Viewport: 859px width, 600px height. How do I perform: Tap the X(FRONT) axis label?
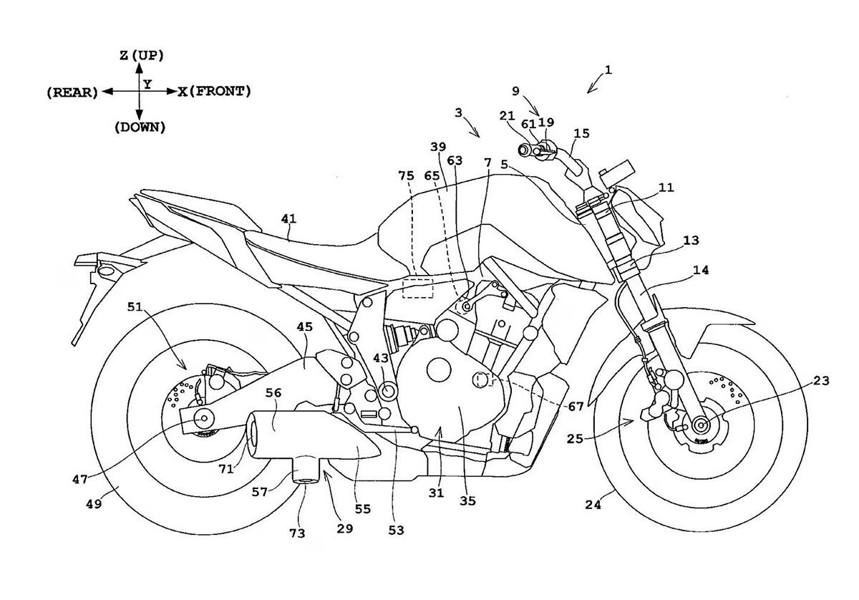[214, 91]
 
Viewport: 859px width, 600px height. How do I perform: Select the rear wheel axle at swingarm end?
[205, 418]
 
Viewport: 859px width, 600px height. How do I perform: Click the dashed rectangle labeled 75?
[417, 286]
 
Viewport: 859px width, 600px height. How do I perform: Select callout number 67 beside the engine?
[574, 406]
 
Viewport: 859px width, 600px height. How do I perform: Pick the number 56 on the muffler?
[272, 392]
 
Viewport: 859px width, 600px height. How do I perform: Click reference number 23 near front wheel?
[820, 381]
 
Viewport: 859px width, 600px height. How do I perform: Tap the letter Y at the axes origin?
[147, 84]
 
